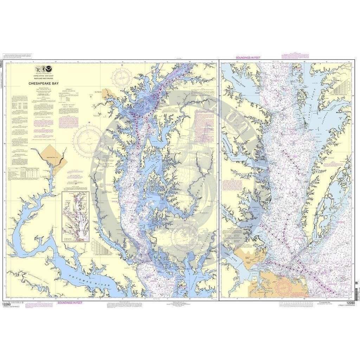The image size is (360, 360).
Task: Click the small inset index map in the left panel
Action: pos(75,217)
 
